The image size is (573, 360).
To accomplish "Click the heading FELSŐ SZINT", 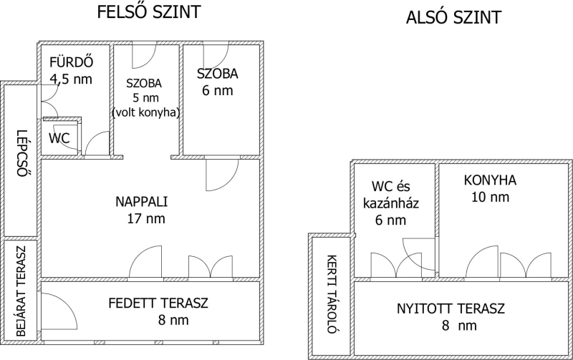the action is [149, 11].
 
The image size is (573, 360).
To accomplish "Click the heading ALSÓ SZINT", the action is [453, 17].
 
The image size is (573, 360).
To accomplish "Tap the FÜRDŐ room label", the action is [71, 62].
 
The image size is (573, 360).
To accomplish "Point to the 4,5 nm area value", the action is [71, 79].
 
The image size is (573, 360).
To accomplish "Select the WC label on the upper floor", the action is [59, 138].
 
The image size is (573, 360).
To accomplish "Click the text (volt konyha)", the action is [146, 112].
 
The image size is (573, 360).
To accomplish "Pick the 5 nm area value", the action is [146, 98].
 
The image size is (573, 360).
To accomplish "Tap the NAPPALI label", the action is [141, 202].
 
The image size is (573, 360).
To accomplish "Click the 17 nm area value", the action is [146, 218].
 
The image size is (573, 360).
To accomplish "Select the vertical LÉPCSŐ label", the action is [22, 153].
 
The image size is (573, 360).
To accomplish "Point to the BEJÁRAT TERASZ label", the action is [21, 291].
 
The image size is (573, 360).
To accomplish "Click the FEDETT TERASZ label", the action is [158, 303].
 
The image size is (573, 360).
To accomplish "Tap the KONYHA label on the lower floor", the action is [490, 180].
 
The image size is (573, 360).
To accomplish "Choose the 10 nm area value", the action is [490, 197].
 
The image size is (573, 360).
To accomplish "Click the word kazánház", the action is [390, 203].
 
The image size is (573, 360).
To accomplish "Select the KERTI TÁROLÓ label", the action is [332, 294].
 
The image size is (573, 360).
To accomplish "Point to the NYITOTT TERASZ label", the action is [451, 308].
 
